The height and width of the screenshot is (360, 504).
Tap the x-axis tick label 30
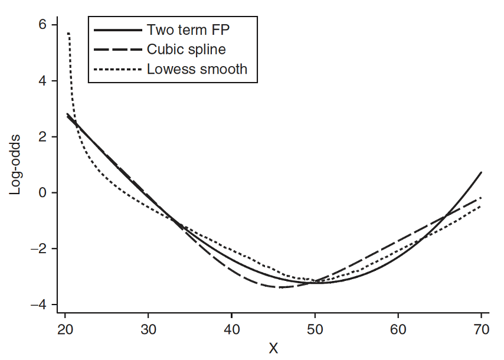(148, 329)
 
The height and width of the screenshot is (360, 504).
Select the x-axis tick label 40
(231, 329)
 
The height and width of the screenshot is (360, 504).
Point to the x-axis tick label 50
(315, 329)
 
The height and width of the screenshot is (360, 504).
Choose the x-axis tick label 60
(398, 329)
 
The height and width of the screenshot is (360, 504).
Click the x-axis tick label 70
(482, 329)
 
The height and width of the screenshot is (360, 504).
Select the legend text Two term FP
(188, 28)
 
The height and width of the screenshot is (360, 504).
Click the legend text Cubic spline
(186, 49)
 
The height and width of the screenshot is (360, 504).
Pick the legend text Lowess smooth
(197, 69)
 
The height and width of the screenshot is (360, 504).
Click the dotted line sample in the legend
(118, 70)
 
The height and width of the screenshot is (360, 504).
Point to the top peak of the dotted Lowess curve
(68, 34)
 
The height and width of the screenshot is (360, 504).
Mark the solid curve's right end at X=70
(482, 172)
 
